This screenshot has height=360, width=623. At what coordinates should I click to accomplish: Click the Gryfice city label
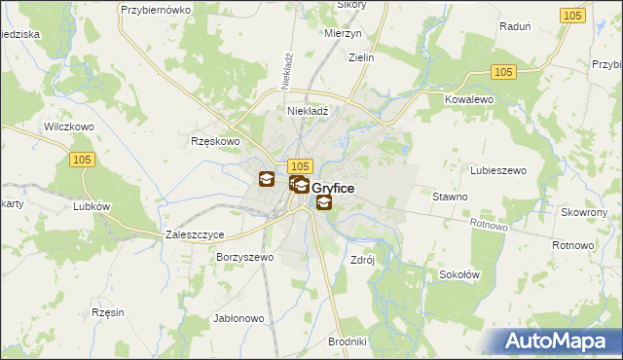[333, 187]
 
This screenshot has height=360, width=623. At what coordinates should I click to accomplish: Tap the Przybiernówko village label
[153, 9]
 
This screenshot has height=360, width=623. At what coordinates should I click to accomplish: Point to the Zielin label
[362, 57]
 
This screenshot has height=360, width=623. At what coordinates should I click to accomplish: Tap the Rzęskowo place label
[214, 141]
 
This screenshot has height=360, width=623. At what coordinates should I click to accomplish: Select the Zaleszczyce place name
[196, 235]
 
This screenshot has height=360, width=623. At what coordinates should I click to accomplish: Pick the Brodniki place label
[348, 342]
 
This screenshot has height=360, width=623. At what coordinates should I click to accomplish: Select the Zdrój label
[362, 260]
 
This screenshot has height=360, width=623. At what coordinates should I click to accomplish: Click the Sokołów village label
[458, 274]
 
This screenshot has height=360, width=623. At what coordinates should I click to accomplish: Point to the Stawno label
[451, 197]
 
